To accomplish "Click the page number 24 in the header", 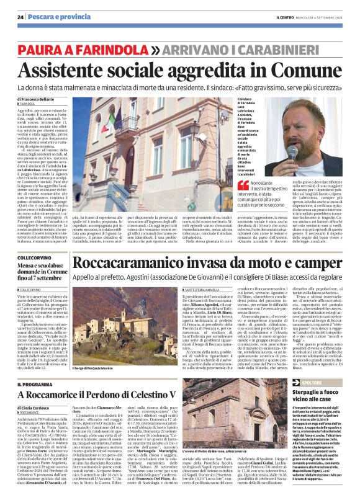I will [x=20, y=17].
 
